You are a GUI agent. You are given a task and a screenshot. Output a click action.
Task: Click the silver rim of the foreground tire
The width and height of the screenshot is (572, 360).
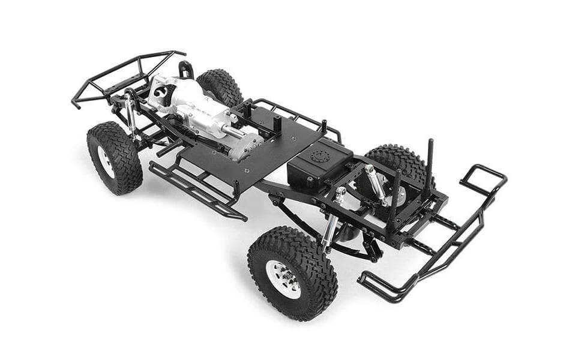[x=283, y=279]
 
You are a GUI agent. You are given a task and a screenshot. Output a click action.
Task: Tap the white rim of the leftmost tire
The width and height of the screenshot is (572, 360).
[x=106, y=161]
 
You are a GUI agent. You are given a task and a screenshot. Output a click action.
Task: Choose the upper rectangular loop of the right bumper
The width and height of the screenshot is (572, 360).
[x=483, y=178]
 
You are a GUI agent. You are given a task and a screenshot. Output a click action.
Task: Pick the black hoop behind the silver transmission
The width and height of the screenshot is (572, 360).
[x=185, y=68]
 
